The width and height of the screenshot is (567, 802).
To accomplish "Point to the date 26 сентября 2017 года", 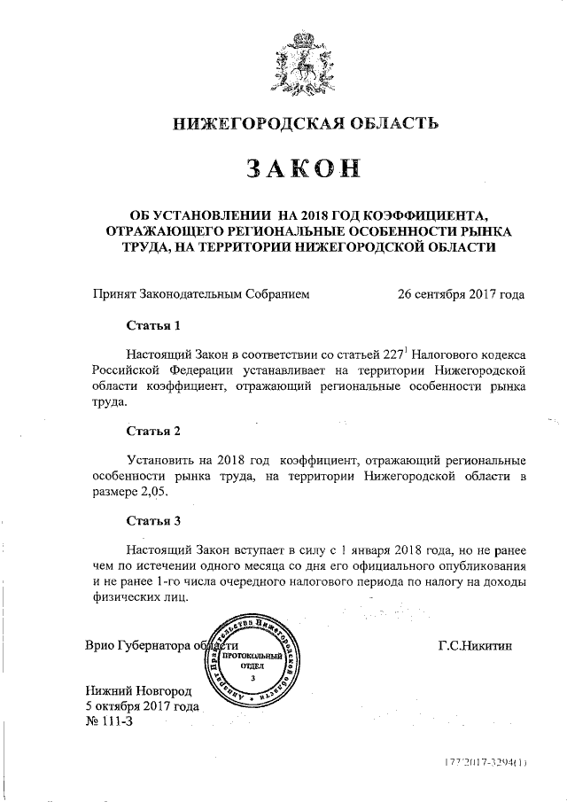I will click(462, 294).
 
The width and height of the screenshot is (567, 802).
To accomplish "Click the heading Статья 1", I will click(153, 325).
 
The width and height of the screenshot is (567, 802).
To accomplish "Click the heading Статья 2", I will click(153, 432).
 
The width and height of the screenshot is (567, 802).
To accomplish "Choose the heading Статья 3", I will click(153, 520).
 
